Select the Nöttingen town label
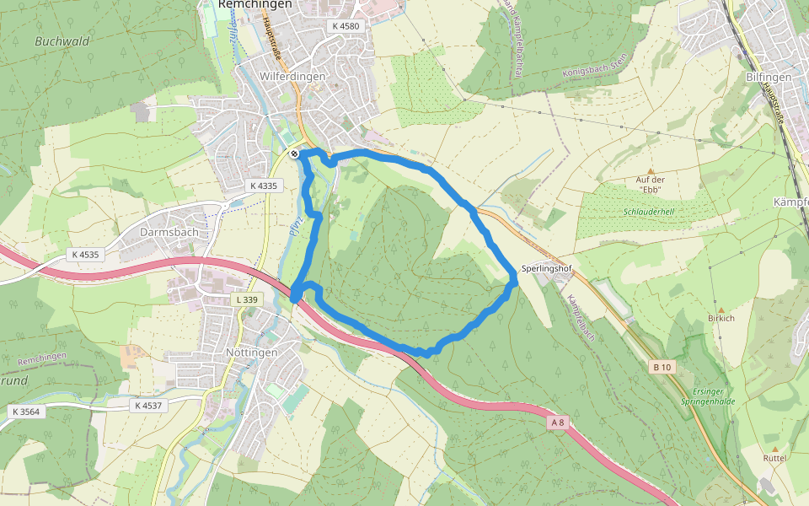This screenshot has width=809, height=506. [x=252, y=352]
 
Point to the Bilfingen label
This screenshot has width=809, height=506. [x=769, y=77]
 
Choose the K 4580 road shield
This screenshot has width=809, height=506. [x=346, y=26]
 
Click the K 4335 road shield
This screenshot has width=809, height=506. [x=262, y=186]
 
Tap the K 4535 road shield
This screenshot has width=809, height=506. [x=85, y=254]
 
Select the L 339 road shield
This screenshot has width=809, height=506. [x=247, y=299]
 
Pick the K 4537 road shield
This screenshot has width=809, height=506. [x=147, y=406]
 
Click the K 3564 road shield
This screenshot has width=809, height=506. [x=26, y=412]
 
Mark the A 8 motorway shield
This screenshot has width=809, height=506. [x=555, y=422]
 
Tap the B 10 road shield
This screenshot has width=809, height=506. [x=662, y=367]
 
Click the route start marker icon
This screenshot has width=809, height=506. [x=293, y=153]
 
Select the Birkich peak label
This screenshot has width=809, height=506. [x=721, y=319]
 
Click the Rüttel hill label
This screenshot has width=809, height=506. [x=774, y=458]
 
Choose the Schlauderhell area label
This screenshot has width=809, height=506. [x=649, y=212]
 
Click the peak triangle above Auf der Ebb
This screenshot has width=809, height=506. [x=650, y=170]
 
